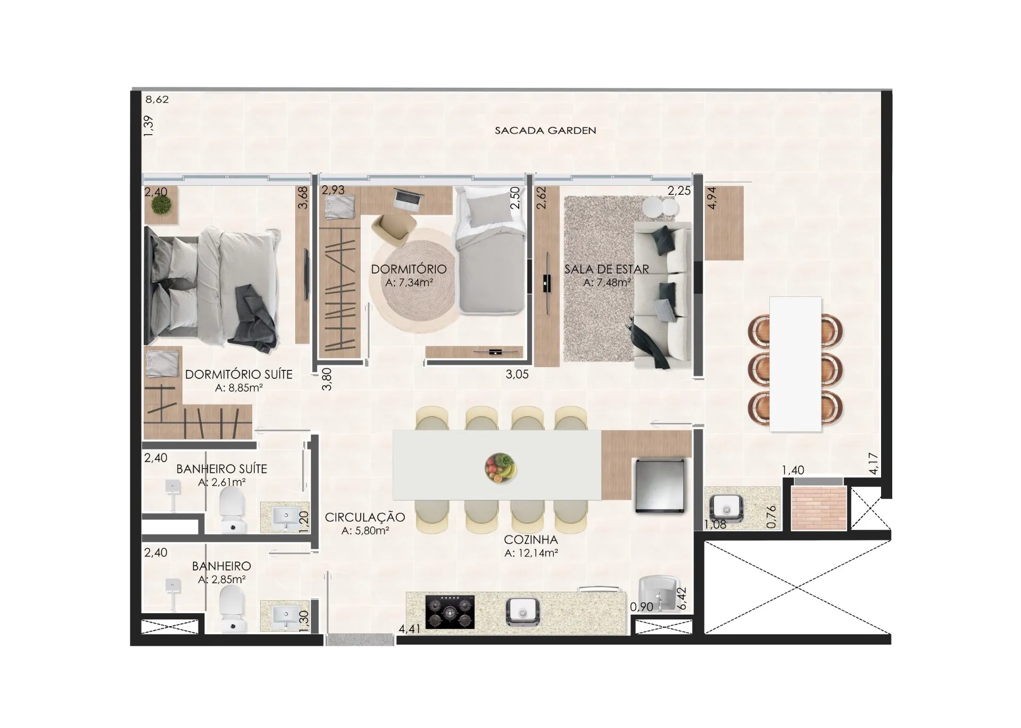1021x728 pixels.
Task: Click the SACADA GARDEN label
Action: pos(545,130)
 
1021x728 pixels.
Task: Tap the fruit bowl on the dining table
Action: pos(501,468)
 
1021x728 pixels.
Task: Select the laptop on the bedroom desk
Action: pos(408,198)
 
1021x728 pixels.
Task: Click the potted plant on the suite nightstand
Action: pos(161,204)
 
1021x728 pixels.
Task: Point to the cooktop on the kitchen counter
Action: pos(450,612)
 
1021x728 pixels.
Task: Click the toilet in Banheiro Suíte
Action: pos(233,510)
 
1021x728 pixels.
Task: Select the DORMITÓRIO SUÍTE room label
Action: pos(239,374)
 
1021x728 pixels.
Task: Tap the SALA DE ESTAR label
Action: pos(607,269)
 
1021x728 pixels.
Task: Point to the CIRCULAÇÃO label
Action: pos(365,517)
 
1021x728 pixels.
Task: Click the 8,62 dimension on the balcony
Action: pos(157,100)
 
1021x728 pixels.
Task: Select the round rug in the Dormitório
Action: pos(412,280)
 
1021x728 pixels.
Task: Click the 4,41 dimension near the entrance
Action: pos(410,629)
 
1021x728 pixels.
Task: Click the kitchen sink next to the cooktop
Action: pos(523,611)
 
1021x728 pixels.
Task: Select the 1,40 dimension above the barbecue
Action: pos(793,470)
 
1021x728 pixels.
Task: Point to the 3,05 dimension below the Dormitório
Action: pos(517,374)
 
